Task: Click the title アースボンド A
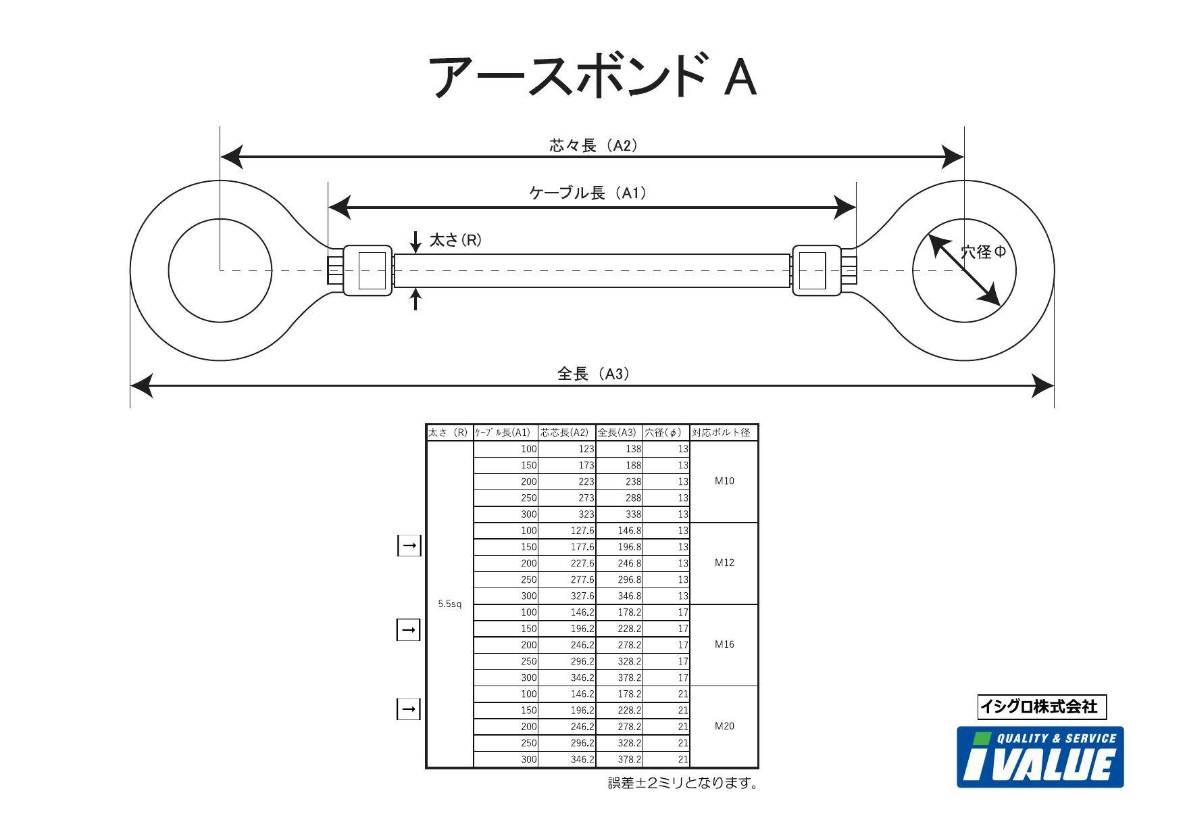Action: (592, 77)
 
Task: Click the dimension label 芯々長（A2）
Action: (592, 145)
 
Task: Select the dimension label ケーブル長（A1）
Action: (587, 193)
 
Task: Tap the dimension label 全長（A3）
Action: (592, 374)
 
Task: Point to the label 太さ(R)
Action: (455, 240)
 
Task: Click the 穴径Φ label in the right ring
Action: (983, 252)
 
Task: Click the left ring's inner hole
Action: (220, 270)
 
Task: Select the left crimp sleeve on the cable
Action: (368, 270)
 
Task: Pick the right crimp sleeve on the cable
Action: (816, 270)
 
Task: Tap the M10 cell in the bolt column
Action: (724, 481)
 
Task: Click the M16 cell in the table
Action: (724, 644)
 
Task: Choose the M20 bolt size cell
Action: (724, 726)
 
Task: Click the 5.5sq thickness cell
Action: (449, 604)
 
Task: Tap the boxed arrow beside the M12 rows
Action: (409, 545)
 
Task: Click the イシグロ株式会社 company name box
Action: (1042, 707)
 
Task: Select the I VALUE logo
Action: (1040, 757)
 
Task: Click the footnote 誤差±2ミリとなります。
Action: (682, 783)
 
